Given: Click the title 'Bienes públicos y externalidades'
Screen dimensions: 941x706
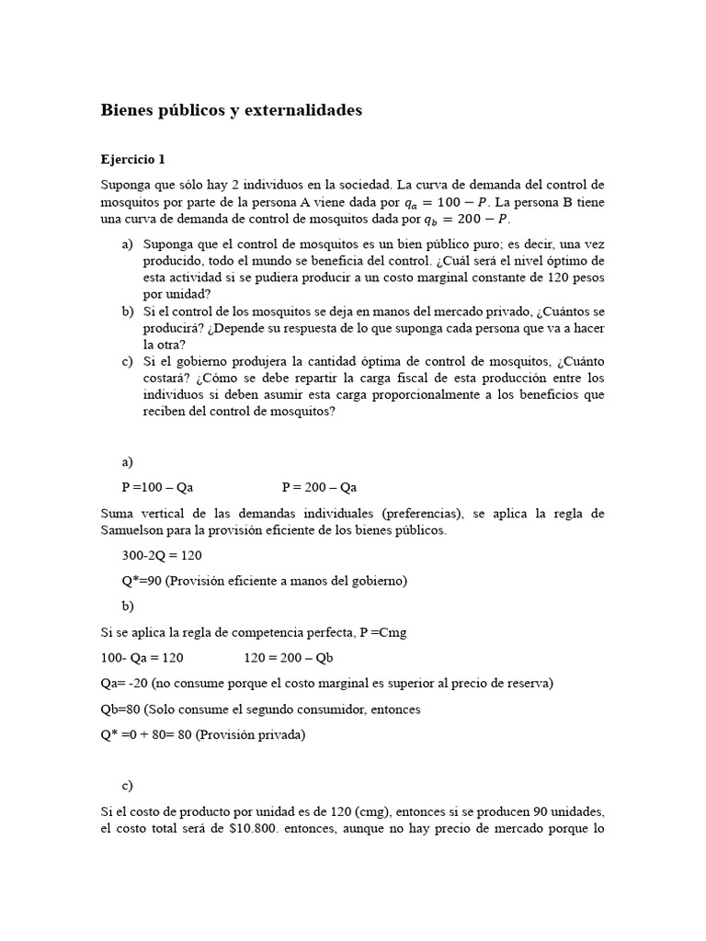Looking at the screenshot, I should point(231,110).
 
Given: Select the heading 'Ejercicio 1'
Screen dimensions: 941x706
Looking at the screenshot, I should point(132,159).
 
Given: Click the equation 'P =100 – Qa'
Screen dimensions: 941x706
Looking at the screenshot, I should point(157,487).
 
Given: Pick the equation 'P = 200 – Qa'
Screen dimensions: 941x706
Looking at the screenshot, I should point(319,487).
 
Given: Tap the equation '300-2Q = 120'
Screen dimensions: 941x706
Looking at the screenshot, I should point(162,556).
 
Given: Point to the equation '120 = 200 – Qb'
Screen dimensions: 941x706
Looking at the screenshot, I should point(288,657).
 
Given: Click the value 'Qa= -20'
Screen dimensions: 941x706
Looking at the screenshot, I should point(124,683).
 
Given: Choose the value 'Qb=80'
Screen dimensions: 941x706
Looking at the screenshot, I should point(120,709).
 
